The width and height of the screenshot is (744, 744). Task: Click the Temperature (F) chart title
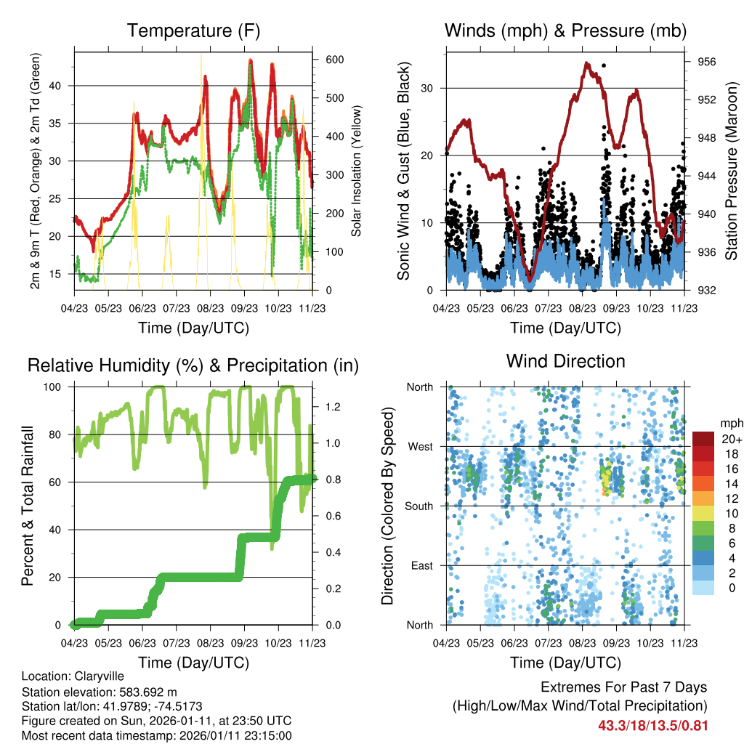tap(193, 31)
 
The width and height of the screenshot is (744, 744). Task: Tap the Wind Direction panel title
tap(565, 361)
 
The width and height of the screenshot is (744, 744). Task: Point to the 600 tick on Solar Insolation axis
tap(334, 60)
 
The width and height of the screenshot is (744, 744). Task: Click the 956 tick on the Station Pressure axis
tap(707, 62)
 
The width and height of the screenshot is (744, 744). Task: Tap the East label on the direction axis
tap(421, 565)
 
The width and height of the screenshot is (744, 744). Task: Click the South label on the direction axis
tap(418, 506)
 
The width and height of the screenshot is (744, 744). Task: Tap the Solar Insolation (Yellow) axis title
tap(357, 171)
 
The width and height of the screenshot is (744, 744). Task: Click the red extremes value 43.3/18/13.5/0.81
tap(652, 725)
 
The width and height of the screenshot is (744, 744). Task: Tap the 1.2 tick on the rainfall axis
tap(332, 407)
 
